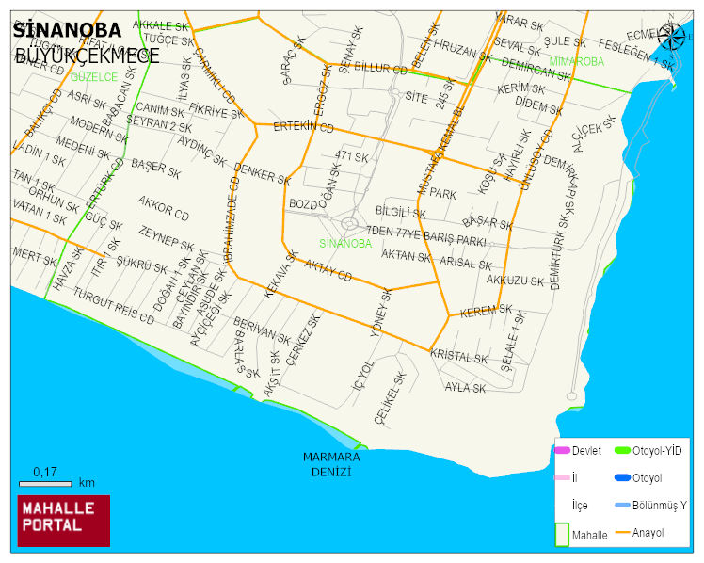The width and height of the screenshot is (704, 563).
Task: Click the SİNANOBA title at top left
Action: pyautogui.click(x=67, y=30)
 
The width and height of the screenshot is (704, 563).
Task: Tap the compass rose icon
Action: pyautogui.click(x=672, y=37)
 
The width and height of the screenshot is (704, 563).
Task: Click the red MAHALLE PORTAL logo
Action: pyautogui.click(x=64, y=520)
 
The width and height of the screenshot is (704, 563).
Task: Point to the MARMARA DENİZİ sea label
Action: pyautogui.click(x=331, y=463)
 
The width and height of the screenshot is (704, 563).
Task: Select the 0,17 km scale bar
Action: pyautogui.click(x=45, y=482)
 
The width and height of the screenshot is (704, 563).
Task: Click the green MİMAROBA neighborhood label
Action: pyautogui.click(x=576, y=61)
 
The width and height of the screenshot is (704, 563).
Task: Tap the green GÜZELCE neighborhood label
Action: pyautogui.click(x=92, y=77)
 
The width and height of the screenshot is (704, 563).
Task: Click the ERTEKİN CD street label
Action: pyautogui.click(x=303, y=126)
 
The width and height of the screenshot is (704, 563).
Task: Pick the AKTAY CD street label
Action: pyautogui.click(x=328, y=271)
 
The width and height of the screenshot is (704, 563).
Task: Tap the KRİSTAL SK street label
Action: pyautogui.click(x=459, y=358)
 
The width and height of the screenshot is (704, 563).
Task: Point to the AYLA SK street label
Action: pyautogui.click(x=465, y=387)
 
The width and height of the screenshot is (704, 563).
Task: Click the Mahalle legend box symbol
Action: pyautogui.click(x=562, y=533)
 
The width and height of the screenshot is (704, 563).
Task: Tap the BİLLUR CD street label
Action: pyautogui.click(x=379, y=70)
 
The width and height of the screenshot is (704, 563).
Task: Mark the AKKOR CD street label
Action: pyautogui.click(x=163, y=209)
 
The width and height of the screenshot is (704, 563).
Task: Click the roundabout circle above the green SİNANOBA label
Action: pyautogui.click(x=349, y=224)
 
